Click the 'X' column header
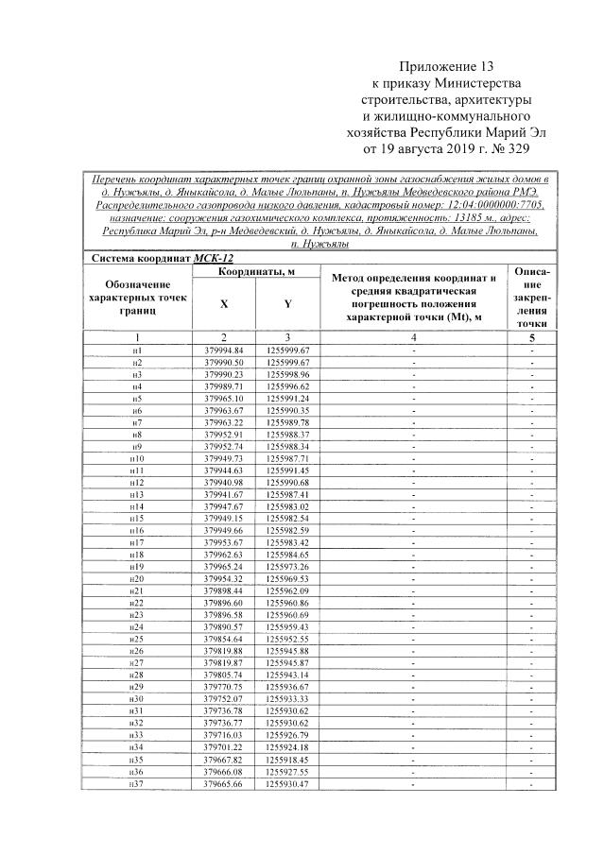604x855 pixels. [224, 304]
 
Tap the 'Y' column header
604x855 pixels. [287, 304]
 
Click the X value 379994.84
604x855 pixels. [224, 350]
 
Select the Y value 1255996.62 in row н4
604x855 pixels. [288, 386]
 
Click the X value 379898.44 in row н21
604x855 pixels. [224, 590]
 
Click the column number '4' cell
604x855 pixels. [413, 337]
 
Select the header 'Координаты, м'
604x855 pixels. [256, 271]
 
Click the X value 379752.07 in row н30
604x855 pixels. [224, 698]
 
